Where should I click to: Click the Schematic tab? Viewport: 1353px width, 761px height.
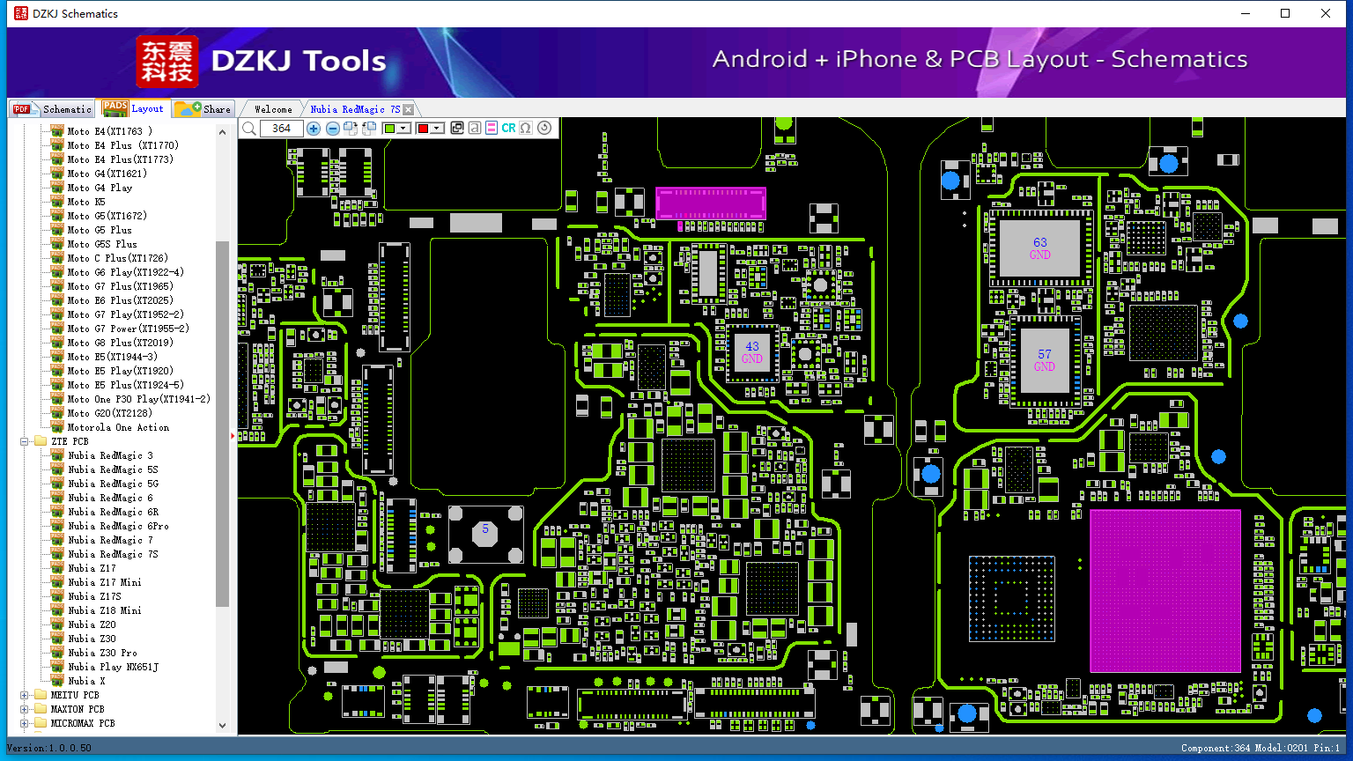53,108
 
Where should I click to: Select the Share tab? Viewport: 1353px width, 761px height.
203,108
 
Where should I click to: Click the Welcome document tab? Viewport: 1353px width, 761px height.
273,109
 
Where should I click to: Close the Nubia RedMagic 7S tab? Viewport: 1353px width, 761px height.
409,109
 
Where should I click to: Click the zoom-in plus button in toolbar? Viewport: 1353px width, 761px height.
313,128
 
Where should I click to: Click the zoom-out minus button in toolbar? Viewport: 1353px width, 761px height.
332,128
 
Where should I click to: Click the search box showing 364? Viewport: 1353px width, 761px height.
281,128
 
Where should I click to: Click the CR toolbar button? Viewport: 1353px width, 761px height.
508,128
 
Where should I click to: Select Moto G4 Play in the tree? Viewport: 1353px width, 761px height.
100,188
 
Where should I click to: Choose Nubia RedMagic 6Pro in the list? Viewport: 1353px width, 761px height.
118,526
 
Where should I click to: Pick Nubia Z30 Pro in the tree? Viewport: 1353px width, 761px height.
103,653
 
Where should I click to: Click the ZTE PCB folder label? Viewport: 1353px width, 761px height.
70,441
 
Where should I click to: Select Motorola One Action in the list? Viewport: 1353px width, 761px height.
118,427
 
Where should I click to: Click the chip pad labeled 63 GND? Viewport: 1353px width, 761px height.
1039,248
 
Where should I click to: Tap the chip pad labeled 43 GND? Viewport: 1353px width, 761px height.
752,352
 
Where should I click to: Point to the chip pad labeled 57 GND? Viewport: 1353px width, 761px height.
1045,360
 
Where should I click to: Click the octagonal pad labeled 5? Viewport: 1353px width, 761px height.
485,534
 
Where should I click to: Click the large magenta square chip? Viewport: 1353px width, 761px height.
1165,591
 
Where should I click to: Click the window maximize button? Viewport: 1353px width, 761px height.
1285,13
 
